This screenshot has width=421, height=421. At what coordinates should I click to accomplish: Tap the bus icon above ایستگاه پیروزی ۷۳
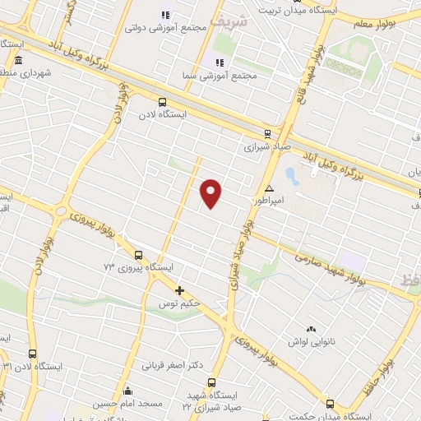[x=138, y=255]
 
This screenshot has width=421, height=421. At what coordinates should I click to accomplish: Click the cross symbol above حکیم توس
[x=179, y=290]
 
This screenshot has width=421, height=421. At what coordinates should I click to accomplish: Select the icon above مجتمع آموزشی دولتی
[x=165, y=15]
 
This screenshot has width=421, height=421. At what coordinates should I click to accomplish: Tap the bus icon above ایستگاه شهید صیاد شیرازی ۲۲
[x=212, y=382]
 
